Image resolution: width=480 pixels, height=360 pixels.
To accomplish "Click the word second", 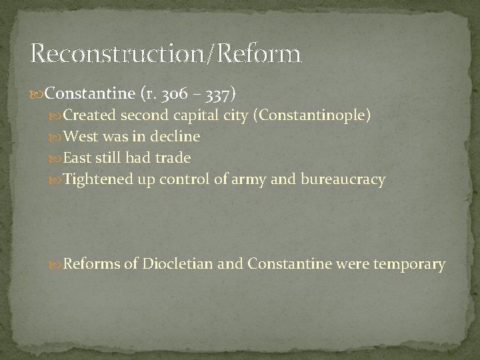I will tap(146, 115).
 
